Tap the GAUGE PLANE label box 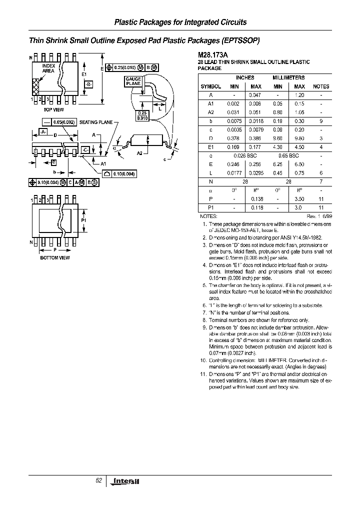click(133, 82)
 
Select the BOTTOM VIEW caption click(55, 257)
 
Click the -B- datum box click(88, 84)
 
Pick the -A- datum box click(43, 131)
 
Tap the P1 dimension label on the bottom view click(84, 220)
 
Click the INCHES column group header click(245, 78)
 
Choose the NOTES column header click(321, 86)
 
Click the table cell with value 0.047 click(255, 94)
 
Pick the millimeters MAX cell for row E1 click(299, 147)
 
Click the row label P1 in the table click(210, 207)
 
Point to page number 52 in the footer click(98, 480)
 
